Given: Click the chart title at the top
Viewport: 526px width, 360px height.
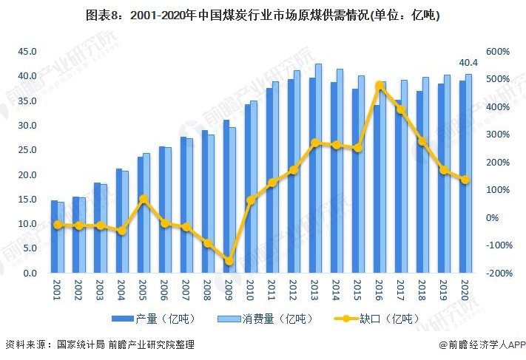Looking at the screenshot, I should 263,15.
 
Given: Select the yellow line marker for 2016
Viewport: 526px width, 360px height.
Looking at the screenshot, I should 380,86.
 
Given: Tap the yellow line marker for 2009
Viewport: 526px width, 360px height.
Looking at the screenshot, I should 229,261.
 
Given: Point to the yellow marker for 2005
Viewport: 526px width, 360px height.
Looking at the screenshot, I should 144,199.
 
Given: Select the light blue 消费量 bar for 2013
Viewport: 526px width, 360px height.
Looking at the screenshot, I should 319,168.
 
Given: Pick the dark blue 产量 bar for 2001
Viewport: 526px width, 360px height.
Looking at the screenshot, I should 54,237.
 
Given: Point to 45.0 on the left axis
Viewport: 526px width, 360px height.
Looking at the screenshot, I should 28,51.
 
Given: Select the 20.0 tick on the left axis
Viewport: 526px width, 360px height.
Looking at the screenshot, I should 28,174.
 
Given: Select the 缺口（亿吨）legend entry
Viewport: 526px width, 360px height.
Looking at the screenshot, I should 376,319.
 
